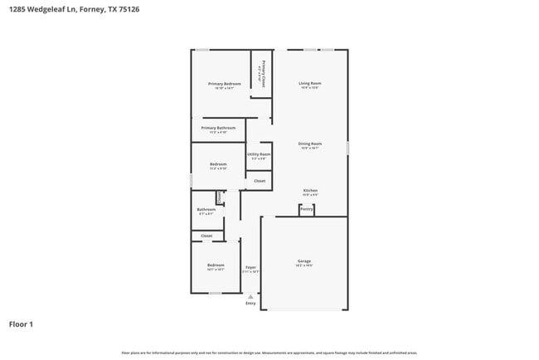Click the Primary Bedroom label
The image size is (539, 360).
pyautogui.click(x=224, y=84)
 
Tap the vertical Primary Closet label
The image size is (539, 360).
pyautogui.click(x=263, y=74)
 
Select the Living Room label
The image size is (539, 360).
pyautogui.click(x=310, y=83)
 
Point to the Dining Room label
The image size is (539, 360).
pyautogui.click(x=310, y=144)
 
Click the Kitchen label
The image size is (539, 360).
pyautogui.click(x=310, y=190)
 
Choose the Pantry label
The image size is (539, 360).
pyautogui.click(x=306, y=210)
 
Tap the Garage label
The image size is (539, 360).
pyautogui.click(x=304, y=261)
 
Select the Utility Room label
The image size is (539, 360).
pyautogui.click(x=259, y=154)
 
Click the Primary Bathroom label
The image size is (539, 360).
pyautogui.click(x=218, y=128)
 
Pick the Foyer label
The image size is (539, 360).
pyautogui.click(x=250, y=267)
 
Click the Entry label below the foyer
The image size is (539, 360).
pyautogui.click(x=250, y=303)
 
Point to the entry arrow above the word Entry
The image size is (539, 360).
pyautogui.click(x=250, y=295)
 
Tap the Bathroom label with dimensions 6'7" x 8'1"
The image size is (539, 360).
pyautogui.click(x=206, y=210)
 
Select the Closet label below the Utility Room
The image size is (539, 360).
pyautogui.click(x=260, y=180)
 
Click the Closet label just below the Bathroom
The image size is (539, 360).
pyautogui.click(x=206, y=236)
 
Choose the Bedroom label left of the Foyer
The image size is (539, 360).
pyautogui.click(x=216, y=265)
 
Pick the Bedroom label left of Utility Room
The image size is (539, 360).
pyautogui.click(x=218, y=164)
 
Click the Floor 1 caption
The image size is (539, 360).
pyautogui.click(x=21, y=324)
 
